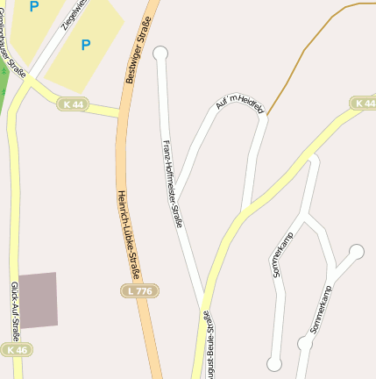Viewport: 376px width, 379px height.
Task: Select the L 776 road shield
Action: tap(138, 290)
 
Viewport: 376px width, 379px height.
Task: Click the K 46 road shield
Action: tap(16, 349)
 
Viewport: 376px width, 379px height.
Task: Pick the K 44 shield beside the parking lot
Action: tap(73, 104)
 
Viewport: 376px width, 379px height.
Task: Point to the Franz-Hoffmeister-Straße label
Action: tap(172, 183)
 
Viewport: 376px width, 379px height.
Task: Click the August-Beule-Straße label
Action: tap(209, 344)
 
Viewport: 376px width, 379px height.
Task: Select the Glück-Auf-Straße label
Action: tap(15, 311)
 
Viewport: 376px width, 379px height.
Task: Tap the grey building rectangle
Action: tap(39, 300)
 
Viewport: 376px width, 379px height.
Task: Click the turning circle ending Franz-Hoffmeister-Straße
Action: tap(160, 54)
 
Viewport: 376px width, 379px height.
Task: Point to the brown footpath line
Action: tap(307, 53)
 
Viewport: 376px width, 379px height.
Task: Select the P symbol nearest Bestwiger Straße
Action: tap(85, 44)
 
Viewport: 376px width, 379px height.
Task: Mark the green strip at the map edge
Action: tap(3, 83)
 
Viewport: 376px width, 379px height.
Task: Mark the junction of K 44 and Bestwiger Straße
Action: tap(119, 113)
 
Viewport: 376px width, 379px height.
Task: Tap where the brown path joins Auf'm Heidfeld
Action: tap(267, 115)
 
